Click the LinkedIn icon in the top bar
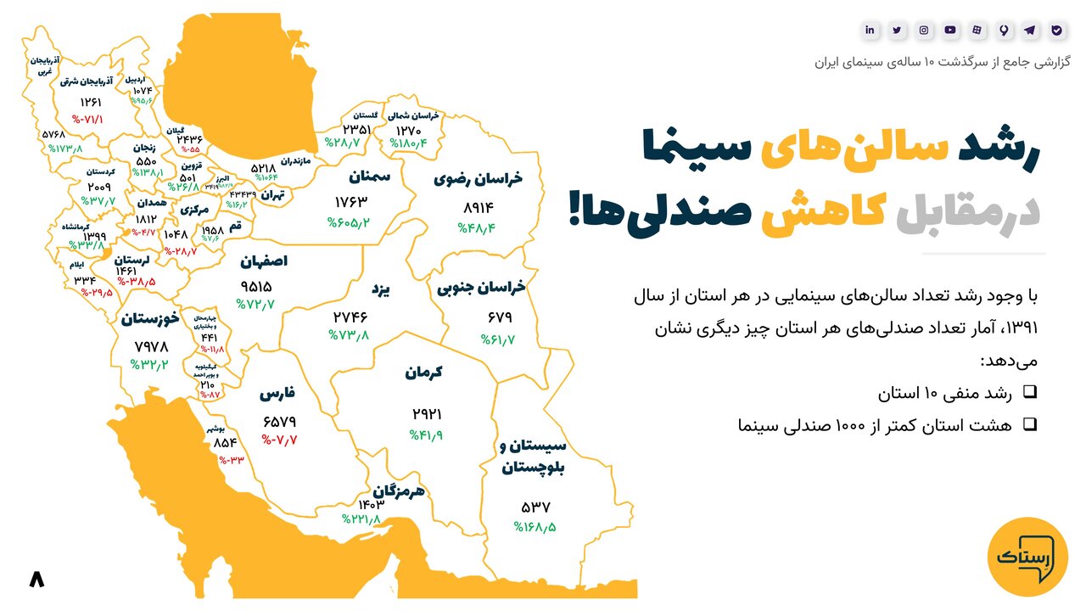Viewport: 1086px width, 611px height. (870, 30)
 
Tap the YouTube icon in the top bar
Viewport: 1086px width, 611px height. (950, 30)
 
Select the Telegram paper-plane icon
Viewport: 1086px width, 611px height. (1030, 30)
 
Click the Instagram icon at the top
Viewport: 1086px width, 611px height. (923, 30)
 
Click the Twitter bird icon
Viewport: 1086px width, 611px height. (897, 30)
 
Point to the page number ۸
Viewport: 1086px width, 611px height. (36, 579)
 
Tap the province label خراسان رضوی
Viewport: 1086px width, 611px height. (478, 178)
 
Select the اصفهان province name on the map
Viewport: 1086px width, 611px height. (264, 261)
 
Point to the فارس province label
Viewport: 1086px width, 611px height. (277, 395)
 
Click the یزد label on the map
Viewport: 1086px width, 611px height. (379, 289)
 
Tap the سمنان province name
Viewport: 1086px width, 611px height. (368, 177)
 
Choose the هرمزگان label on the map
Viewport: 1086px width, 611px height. (398, 490)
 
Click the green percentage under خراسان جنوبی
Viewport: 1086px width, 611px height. (498, 339)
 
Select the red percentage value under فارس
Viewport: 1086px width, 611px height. (280, 440)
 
